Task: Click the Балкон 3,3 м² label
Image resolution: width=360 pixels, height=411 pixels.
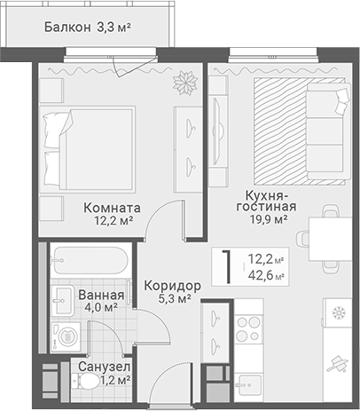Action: [x=87, y=28]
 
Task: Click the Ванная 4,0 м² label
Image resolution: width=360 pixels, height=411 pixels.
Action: [x=99, y=300]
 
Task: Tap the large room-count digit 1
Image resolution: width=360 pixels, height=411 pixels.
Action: [x=228, y=266]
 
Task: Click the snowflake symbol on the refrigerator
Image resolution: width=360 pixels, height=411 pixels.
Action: [x=337, y=312]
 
